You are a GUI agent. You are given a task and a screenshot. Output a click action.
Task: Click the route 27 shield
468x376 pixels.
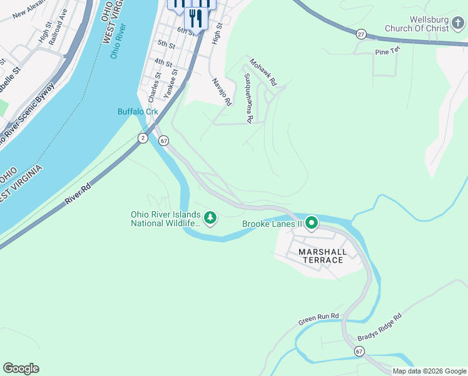(361, 34)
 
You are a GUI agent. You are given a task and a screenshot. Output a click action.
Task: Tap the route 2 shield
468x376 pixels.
(143, 138)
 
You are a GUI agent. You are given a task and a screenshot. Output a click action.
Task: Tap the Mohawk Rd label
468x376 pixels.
(263, 72)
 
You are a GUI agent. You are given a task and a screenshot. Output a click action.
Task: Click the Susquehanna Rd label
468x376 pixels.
(248, 98)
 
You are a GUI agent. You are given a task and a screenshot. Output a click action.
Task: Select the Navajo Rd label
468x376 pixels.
(222, 91)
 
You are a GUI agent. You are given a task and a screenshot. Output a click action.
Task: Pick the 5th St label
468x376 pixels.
(166, 44)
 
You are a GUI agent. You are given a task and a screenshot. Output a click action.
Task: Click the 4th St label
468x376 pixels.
(163, 63)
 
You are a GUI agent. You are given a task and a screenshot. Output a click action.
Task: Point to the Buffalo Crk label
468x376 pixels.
(138, 112)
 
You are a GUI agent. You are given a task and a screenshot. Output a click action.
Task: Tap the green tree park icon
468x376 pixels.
(211, 218)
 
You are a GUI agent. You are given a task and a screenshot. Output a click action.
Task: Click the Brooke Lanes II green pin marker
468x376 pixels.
(311, 222)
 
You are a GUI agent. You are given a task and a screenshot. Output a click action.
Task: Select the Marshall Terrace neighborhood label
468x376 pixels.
(322, 256)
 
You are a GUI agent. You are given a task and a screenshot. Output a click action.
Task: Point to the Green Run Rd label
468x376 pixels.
(318, 319)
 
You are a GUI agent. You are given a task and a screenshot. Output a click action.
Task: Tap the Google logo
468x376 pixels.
(21, 368)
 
